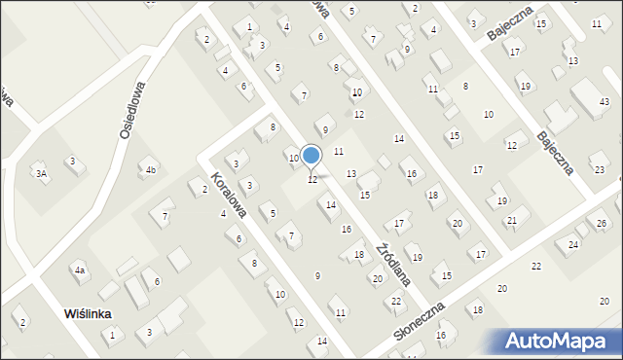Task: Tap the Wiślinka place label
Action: point(88,314)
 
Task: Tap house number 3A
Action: point(41,173)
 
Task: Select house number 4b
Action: point(150,170)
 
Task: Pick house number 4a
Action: point(81,270)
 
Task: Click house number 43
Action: point(605,102)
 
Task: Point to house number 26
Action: point(602,225)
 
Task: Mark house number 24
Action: point(573,244)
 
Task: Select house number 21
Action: point(511,221)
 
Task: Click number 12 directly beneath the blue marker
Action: point(311,180)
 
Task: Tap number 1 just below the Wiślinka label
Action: point(112,335)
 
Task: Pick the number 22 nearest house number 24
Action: point(535,266)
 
